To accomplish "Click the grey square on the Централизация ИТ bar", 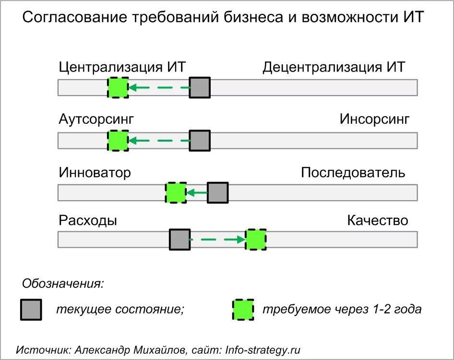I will [x=200, y=88].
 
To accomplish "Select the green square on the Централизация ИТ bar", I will [x=118, y=88].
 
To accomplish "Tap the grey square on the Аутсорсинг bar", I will [x=200, y=141].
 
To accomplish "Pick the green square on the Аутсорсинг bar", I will [x=118, y=141].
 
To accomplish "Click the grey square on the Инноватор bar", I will [x=217, y=193].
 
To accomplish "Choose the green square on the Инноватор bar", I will [x=176, y=193].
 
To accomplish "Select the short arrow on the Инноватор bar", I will [x=197, y=193].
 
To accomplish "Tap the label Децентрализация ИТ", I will [x=334, y=67].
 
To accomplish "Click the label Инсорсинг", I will [x=374, y=120].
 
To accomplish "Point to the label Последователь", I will [x=353, y=173].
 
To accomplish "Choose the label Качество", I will [x=377, y=221].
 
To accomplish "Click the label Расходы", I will [x=88, y=221].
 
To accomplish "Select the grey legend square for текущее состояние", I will [x=31, y=310].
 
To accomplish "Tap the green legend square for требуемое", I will [x=243, y=310].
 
